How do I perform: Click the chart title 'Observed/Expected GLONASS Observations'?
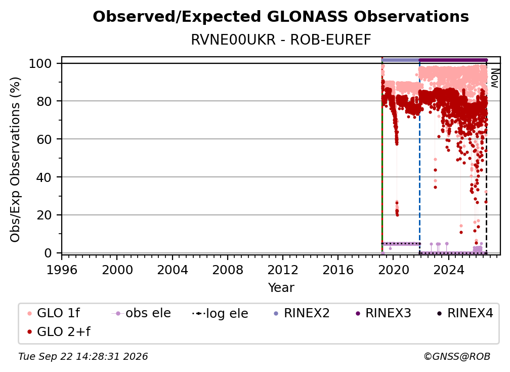tap(281, 17)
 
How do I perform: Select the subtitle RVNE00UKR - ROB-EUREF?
tap(281, 40)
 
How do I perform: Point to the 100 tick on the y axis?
tap(45, 63)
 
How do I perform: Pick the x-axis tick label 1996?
tap(62, 270)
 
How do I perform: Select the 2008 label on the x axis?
tap(227, 270)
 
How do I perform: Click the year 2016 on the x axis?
tap(337, 270)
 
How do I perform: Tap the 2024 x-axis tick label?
tap(448, 270)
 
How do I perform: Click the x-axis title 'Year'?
tap(281, 287)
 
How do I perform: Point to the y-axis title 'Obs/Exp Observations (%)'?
tap(15, 159)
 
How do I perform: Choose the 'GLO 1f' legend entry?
tap(54, 313)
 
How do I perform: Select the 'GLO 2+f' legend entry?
tap(59, 331)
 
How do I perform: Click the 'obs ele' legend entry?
tap(141, 313)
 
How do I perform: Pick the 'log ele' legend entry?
tap(220, 313)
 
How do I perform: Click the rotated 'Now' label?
tap(494, 78)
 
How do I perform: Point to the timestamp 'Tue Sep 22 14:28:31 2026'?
tap(83, 356)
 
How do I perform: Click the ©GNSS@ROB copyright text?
tap(457, 356)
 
